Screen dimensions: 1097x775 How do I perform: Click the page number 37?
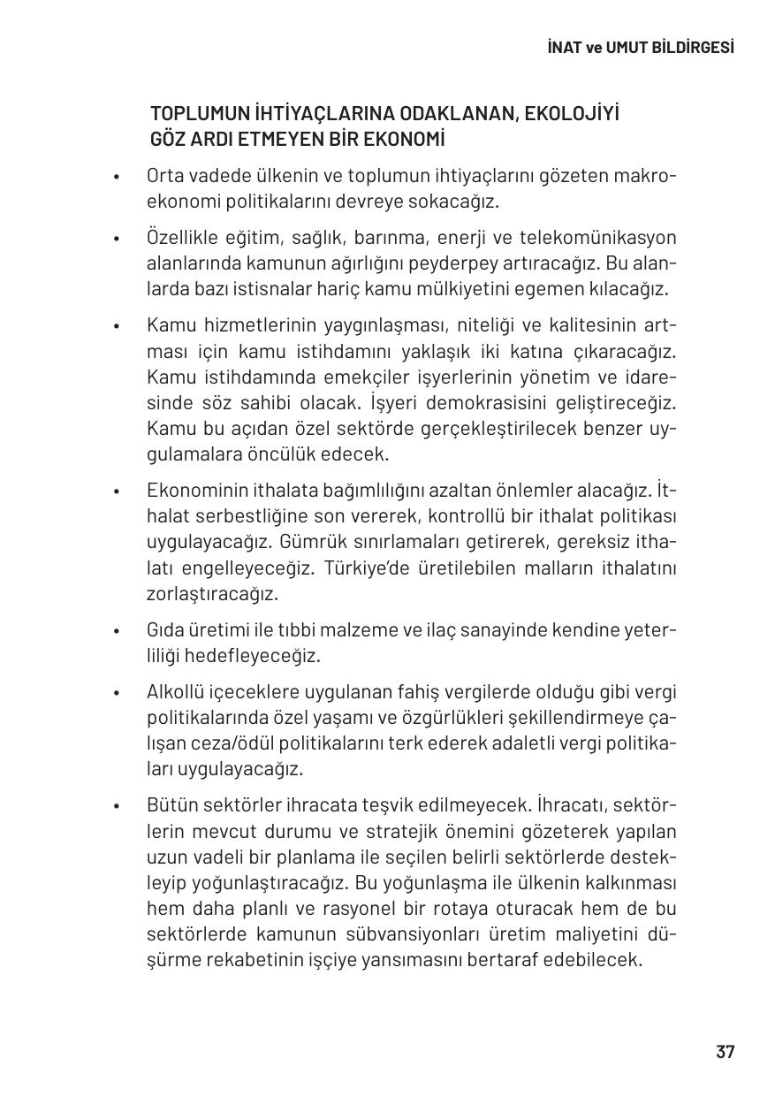pos(725,1052)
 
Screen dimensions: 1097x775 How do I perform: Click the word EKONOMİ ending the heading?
pos(397,140)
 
